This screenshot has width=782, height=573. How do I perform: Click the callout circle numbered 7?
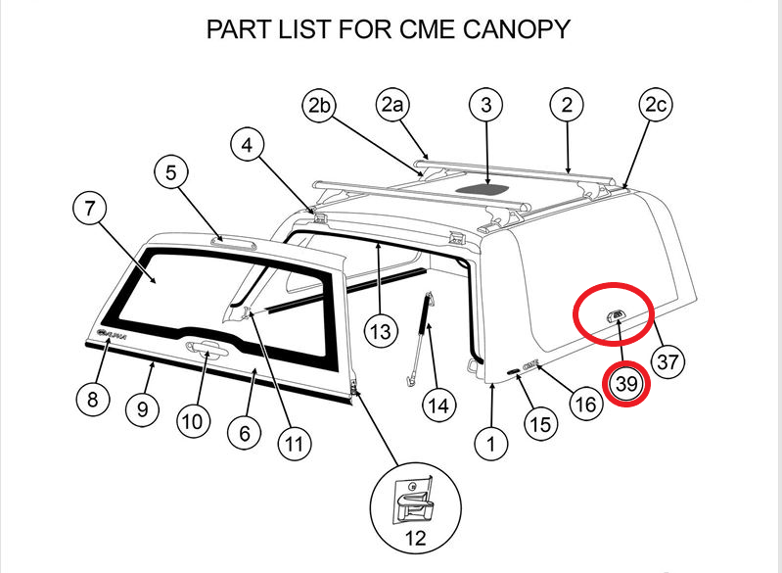coord(91,209)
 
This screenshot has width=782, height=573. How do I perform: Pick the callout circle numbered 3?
coord(486,104)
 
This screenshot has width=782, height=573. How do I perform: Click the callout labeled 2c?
coord(657,106)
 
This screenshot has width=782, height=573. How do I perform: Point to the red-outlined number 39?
coord(627,385)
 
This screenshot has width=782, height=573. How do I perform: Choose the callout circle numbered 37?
coord(667,361)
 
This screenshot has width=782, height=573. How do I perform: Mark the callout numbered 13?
coord(382,332)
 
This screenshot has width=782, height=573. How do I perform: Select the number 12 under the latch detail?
coord(414,538)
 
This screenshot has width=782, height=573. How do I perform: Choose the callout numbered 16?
coord(585,404)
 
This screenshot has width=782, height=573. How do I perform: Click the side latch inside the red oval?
coord(618,313)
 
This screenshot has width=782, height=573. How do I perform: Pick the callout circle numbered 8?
coord(92,400)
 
